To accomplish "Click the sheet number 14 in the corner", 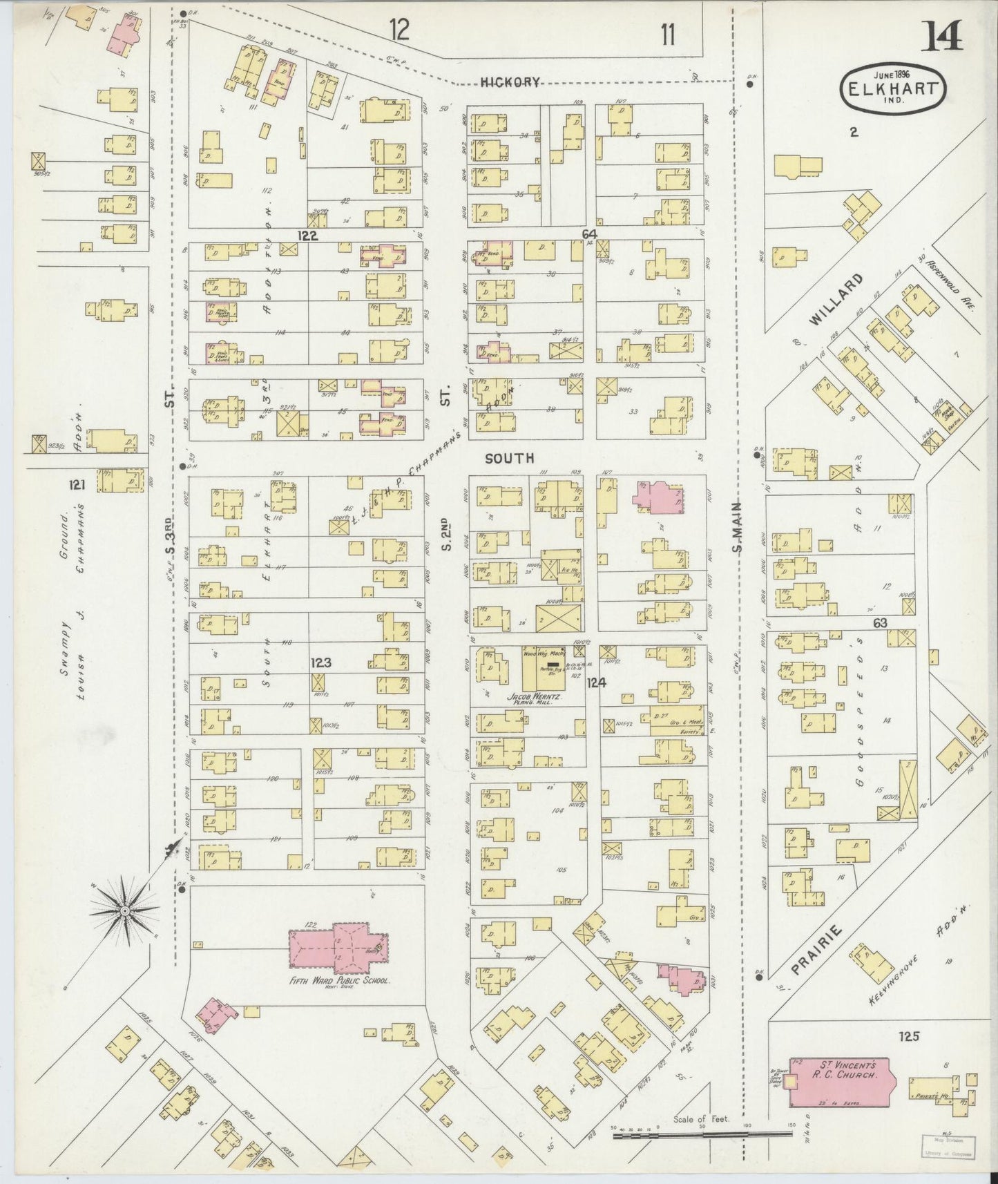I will pos(943,36).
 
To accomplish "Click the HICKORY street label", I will pos(510,82).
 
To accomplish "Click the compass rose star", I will pos(124,911).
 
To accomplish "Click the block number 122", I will pos(307,236).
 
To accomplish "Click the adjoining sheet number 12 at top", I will pos(399,30).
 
